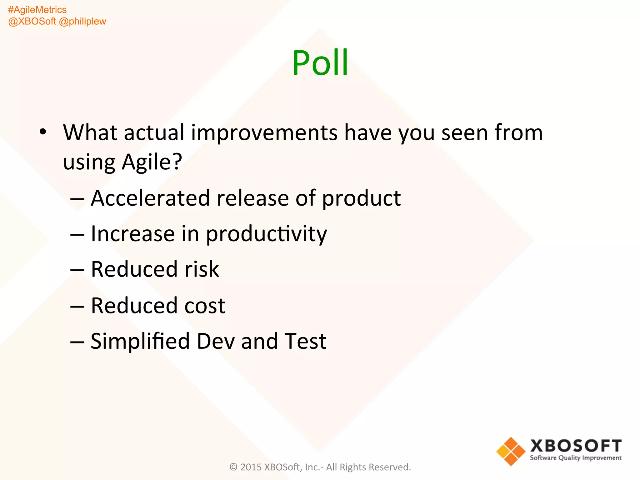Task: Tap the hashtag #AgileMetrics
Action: (x=37, y=10)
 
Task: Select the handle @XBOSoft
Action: (x=32, y=22)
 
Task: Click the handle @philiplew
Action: (x=82, y=22)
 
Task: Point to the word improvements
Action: (x=264, y=133)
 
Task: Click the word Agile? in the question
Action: (x=152, y=162)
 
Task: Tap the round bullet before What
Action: (x=43, y=132)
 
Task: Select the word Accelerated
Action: (x=150, y=198)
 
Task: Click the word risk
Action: (x=202, y=269)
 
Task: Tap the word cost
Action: (x=205, y=306)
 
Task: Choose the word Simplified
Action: (x=140, y=341)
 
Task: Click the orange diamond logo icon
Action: (x=511, y=451)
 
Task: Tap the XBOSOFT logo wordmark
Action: (x=576, y=446)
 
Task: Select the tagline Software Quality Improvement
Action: (x=576, y=458)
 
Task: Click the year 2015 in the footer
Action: (x=251, y=467)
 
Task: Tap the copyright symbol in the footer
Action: (x=233, y=467)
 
